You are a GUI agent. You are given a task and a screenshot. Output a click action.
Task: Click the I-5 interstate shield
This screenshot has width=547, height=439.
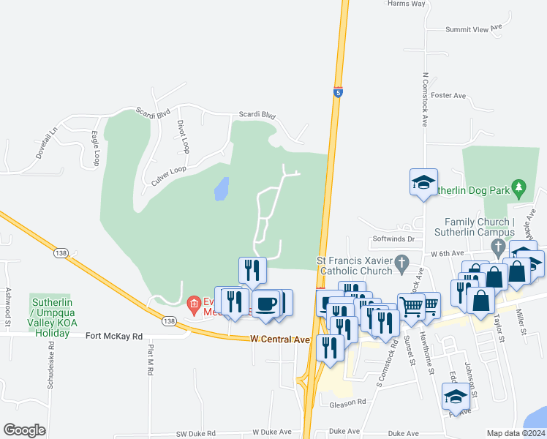click(x=338, y=92)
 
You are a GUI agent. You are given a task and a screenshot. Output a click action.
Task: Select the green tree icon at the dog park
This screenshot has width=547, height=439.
click(x=519, y=188)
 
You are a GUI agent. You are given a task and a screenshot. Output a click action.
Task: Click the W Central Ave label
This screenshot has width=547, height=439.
click(x=280, y=339)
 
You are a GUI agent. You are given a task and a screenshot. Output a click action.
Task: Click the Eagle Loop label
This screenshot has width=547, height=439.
click(x=95, y=148)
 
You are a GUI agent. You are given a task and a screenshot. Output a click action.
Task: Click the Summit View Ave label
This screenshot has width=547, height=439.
click(x=474, y=29)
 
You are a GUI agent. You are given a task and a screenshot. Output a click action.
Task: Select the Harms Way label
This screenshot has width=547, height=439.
click(x=407, y=4)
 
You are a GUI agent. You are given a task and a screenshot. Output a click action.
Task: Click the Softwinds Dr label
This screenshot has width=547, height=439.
click(x=393, y=239)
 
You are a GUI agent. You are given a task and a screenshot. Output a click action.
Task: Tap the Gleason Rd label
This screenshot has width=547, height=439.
click(x=347, y=402)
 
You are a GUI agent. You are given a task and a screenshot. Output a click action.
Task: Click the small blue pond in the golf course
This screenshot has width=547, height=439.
click(x=222, y=189)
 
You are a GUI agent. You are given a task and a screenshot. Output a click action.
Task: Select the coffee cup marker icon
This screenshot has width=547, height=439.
click(x=265, y=303)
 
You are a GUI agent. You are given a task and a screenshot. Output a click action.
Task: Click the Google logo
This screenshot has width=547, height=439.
click(x=24, y=430)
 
